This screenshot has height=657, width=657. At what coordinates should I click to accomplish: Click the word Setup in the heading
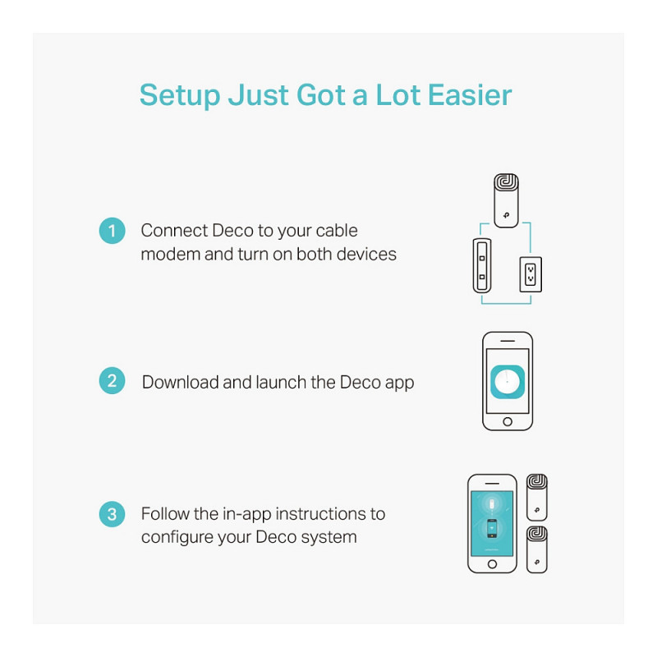(x=180, y=96)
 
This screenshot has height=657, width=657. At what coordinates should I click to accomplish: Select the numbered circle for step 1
(x=112, y=231)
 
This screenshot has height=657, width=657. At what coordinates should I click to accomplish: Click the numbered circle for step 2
(x=112, y=380)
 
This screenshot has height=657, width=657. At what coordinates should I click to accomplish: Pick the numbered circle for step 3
(x=112, y=514)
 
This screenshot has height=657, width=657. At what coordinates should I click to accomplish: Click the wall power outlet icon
(x=531, y=274)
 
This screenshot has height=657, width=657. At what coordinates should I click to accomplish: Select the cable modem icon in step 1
(x=482, y=265)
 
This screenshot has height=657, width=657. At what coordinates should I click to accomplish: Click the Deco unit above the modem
(x=506, y=200)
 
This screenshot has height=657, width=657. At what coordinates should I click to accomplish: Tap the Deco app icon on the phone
(x=508, y=382)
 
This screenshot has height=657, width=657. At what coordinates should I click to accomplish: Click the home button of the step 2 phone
(x=508, y=421)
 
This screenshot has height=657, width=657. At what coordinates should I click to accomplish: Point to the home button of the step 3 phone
(x=492, y=564)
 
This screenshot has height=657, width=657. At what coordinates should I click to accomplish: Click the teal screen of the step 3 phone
(x=492, y=523)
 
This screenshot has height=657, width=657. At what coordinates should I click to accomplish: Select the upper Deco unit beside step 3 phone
(x=537, y=498)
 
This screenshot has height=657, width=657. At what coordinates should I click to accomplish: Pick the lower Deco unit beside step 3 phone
(x=537, y=549)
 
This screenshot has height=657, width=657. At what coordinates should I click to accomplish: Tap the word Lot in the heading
(x=398, y=95)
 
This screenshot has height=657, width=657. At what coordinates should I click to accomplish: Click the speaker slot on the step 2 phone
(x=508, y=341)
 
